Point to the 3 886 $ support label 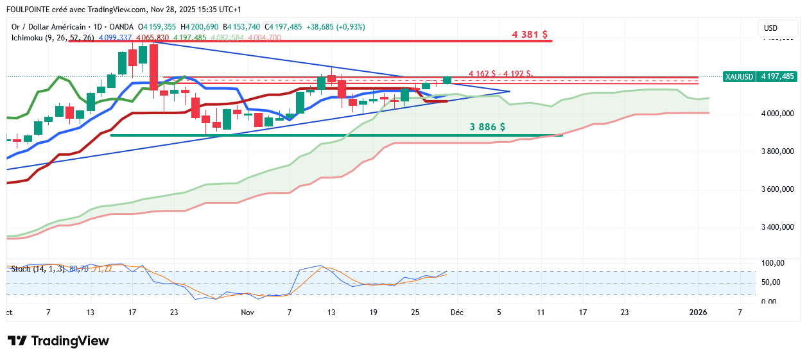pos(487,127)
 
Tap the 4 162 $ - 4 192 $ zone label pos(500,73)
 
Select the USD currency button pos(770,28)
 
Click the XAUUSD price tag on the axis pos(760,76)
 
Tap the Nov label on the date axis pos(247,313)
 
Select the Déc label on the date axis pos(456,313)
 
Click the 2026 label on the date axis pos(698,313)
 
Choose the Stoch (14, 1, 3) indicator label pos(37,269)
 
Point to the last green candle pos(447,80)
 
